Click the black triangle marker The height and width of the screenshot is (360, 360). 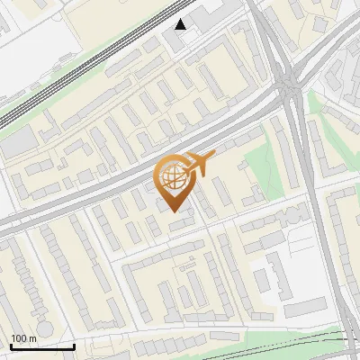tap(181, 23)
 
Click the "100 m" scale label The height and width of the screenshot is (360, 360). tap(23, 337)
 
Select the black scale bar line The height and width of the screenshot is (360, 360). tap(41, 346)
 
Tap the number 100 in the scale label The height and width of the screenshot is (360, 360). tap(19, 337)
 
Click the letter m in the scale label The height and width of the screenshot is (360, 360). tap(32, 338)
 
